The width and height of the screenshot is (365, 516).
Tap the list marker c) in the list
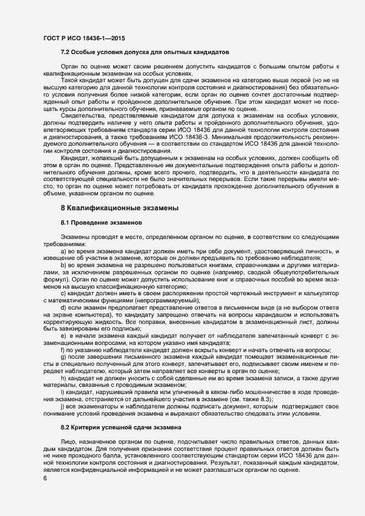point(64,293)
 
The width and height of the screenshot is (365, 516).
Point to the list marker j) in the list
point(64,405)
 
